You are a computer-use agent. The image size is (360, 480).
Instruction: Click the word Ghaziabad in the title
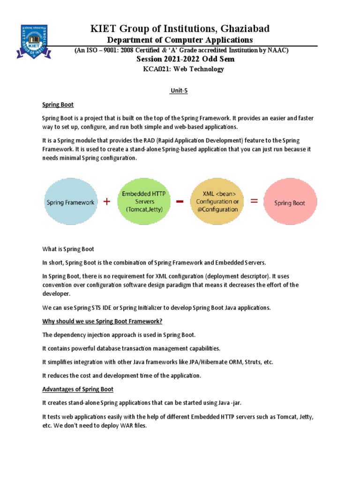point(241,29)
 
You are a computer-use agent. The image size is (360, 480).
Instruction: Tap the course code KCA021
point(157,69)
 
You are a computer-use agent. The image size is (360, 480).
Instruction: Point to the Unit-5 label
point(179,91)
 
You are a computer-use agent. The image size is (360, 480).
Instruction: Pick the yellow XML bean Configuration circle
point(217,202)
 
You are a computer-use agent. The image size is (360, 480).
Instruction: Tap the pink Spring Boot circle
point(289,203)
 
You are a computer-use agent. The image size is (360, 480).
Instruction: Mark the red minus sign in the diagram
point(179,201)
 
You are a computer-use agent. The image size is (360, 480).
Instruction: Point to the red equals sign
point(254,202)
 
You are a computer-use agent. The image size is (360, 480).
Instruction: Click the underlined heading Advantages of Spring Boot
point(78,390)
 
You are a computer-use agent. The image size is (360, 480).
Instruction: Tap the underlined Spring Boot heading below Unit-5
point(58,105)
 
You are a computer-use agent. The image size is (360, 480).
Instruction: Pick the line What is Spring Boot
point(68,249)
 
